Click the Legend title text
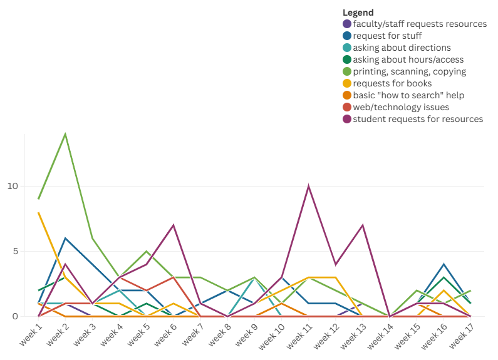[x=358, y=13]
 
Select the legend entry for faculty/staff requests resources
[x=419, y=24]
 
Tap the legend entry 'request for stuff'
[x=387, y=36]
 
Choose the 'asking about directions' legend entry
[x=402, y=48]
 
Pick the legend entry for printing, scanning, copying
[x=409, y=71]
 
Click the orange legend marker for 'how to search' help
[x=347, y=95]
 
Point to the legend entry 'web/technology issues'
[x=400, y=107]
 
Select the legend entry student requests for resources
[x=418, y=119]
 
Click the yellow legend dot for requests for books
[x=347, y=83]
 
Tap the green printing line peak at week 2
[x=65, y=134]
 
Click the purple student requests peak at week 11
[x=308, y=186]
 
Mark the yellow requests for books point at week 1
[x=38, y=212]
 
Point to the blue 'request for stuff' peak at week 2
[x=65, y=238]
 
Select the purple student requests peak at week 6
[x=174, y=225]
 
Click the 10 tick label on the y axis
[x=13, y=186]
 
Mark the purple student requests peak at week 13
[x=363, y=225]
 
